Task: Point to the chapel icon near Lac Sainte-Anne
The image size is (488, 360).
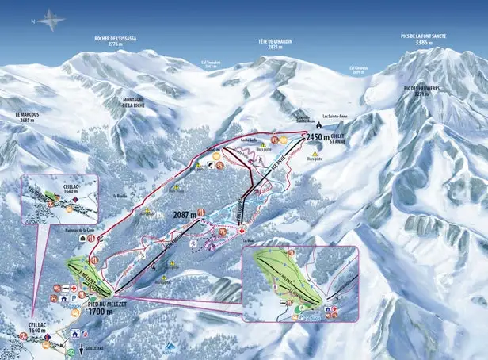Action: point(318,124)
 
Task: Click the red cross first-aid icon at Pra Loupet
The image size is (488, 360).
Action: point(242,231)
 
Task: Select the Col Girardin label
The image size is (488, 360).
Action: point(359,69)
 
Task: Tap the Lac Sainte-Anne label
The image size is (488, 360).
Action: point(336,116)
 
